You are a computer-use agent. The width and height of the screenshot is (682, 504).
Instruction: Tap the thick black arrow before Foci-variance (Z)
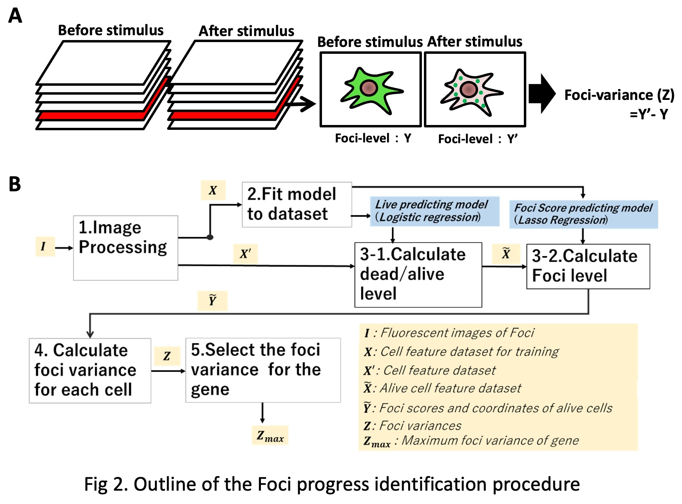point(542,93)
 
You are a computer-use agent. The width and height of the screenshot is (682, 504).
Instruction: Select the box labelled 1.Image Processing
point(125,248)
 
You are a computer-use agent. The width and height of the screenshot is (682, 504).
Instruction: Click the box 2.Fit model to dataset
point(297,204)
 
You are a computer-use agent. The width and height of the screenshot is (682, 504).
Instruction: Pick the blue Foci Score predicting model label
point(583,214)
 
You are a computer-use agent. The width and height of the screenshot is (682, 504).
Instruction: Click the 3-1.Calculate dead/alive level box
point(418,275)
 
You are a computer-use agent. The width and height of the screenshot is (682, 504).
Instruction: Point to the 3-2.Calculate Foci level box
point(588,266)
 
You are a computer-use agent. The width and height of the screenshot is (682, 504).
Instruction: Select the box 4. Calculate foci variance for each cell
point(90,371)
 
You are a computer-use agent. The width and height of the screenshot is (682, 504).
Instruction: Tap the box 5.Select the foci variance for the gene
point(263,370)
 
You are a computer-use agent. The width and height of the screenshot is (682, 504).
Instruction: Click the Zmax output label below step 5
point(270,436)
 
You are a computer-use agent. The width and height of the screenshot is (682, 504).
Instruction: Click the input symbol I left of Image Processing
point(44,246)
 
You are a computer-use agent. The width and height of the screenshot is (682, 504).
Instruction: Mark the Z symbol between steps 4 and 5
point(167,356)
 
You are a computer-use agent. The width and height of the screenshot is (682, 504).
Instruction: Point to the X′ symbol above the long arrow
point(245,254)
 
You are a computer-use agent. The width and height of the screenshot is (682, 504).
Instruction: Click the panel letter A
point(15,16)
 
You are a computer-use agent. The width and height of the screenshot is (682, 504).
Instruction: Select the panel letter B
point(15,184)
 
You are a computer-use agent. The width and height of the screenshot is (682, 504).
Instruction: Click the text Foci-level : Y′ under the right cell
point(478,139)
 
